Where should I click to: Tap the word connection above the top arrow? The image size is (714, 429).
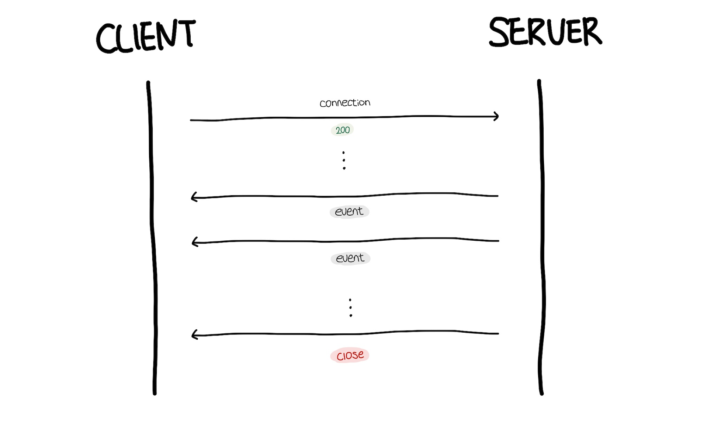tap(345, 103)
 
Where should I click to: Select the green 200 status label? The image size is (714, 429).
tap(342, 130)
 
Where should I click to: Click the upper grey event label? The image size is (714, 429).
tap(349, 212)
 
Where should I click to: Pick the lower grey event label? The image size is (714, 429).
tap(350, 258)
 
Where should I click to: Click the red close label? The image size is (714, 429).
tap(350, 355)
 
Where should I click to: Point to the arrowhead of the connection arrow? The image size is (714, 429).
tap(496, 117)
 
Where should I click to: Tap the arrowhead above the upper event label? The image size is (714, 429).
tap(194, 197)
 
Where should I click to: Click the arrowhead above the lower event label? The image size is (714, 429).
tap(195, 242)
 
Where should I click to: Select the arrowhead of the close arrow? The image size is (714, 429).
tap(194, 335)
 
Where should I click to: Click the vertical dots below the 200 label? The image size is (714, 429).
tap(344, 160)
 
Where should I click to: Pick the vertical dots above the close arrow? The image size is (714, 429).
tap(350, 308)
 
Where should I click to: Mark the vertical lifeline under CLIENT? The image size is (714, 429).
tap(152, 236)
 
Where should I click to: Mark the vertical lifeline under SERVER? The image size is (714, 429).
tap(542, 236)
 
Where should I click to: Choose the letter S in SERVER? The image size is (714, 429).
tap(501, 32)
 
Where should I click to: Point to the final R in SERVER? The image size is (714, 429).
tap(591, 32)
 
